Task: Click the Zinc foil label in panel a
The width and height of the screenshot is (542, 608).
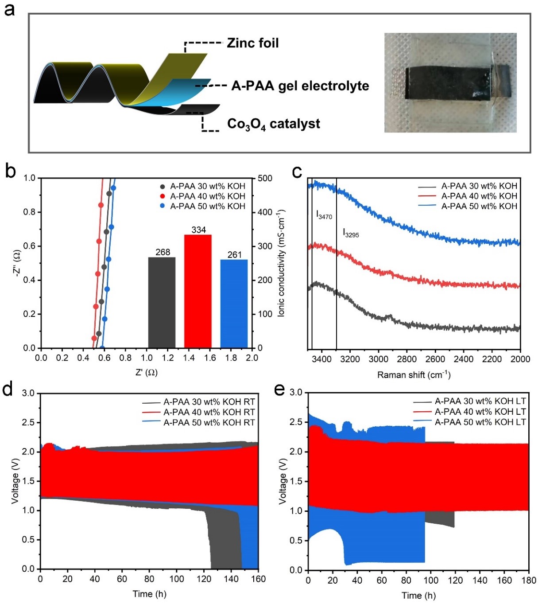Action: [252, 43]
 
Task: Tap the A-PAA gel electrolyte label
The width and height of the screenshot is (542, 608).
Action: [300, 86]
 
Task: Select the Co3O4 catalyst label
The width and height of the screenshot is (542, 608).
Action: [273, 124]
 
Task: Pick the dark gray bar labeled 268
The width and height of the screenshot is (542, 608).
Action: [162, 302]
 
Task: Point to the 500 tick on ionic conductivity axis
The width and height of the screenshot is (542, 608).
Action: [265, 178]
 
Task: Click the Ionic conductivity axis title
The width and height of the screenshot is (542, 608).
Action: [281, 263]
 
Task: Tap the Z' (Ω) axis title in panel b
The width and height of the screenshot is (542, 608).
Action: [147, 373]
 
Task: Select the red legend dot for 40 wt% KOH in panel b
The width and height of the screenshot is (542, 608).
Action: [163, 196]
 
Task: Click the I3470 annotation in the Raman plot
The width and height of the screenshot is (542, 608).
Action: [324, 215]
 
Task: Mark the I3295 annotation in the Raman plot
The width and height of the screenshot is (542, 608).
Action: [351, 233]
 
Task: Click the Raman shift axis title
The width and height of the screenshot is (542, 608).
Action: [414, 375]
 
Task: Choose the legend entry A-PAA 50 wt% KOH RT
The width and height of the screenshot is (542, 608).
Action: [209, 423]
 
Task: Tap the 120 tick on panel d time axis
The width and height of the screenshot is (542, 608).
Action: [204, 579]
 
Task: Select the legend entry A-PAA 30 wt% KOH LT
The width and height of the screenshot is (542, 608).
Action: [480, 401]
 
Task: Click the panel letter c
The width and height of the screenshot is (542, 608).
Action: [298, 172]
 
